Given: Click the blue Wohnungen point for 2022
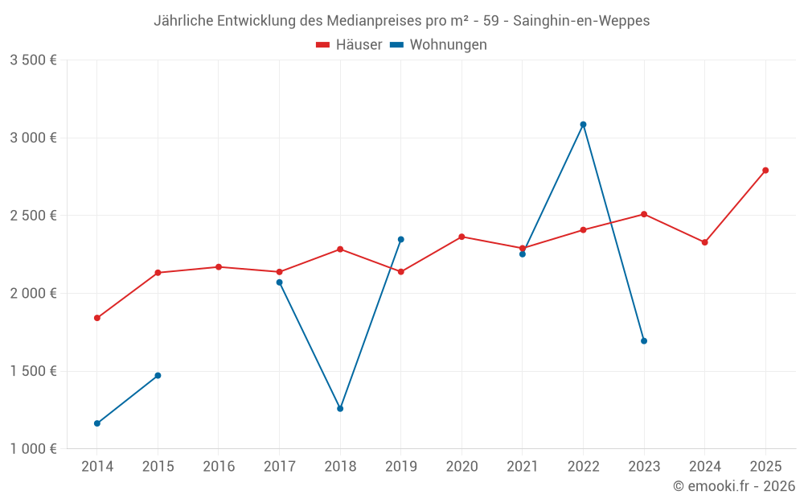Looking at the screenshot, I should point(583,125).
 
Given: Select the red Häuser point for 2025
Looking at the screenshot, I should point(765,171).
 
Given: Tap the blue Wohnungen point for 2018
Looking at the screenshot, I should point(340,409).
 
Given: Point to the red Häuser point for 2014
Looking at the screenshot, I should point(97,318).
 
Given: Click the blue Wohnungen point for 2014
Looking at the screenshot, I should point(97,423).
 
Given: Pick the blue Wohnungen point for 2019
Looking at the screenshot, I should point(401,239).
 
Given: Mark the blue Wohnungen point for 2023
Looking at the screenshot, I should point(644,341).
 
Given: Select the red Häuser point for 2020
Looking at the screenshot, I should point(461,237).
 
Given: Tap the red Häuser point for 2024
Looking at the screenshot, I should point(705,242).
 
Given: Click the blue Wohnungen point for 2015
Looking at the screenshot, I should point(158,376).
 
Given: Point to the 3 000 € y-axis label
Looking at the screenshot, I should point(33,138).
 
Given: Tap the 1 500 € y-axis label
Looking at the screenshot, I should point(33,371).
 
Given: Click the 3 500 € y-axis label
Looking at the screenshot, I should point(33,60).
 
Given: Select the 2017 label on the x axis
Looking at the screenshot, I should point(279,466).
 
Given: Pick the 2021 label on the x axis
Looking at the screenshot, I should point(523,466).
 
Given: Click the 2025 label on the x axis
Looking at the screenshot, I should point(765,466).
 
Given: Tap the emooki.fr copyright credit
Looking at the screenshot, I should point(734,486).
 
